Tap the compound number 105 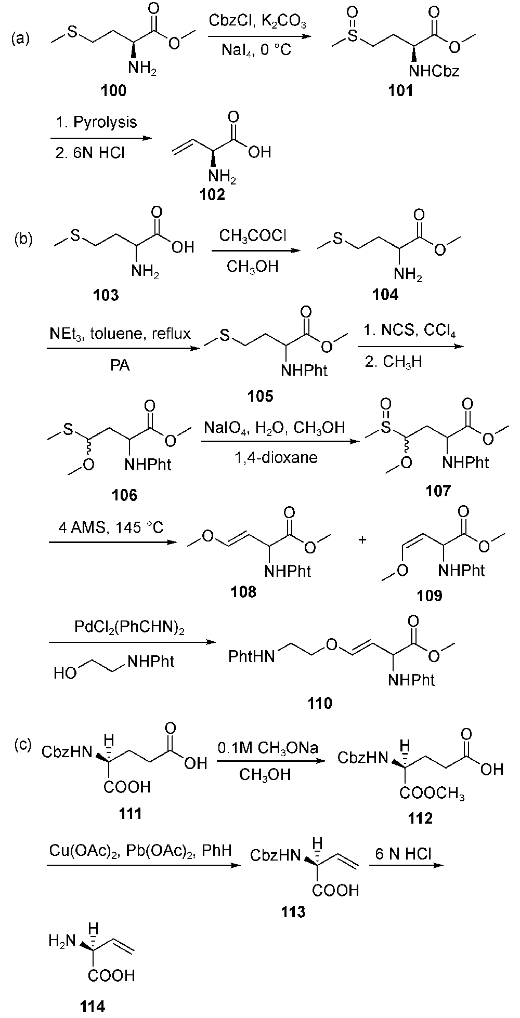pos(260,396)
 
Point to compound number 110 pos(320,703)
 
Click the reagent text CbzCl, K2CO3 pos(258,22)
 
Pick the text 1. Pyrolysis pos(97,123)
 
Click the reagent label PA pos(120,366)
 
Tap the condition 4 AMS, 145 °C pos(111,528)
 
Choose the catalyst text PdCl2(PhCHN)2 pos(130,628)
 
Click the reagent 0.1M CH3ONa pos(269,748)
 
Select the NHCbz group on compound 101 pos(435,71)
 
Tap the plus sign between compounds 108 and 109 pos(362,540)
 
